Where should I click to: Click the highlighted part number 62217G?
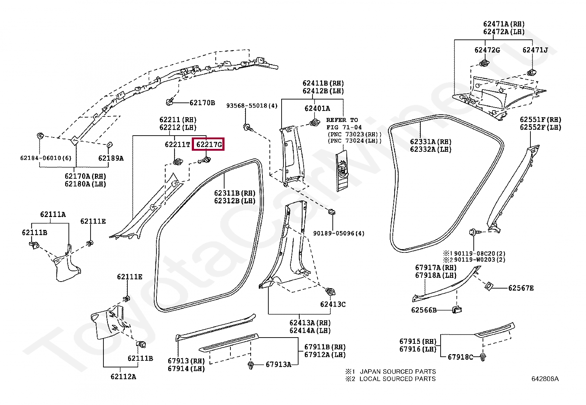[209, 144]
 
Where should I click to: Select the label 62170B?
[202, 103]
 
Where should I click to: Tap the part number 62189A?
[111, 158]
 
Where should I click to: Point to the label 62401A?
[317, 108]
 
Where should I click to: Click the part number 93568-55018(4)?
[252, 106]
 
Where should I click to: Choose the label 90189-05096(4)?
[339, 233]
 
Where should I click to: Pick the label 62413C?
[333, 304]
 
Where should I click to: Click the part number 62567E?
[520, 288]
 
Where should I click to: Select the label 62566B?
[424, 310]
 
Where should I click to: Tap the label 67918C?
[460, 357]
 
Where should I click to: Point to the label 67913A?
[278, 364]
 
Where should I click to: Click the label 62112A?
[123, 377]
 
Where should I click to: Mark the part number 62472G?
[487, 50]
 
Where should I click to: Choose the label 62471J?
[535, 50]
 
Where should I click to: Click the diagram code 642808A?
[545, 379]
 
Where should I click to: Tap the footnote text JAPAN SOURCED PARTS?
[398, 371]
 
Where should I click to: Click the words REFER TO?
[342, 120]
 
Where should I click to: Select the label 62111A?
[53, 214]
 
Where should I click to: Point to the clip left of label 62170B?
[170, 101]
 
